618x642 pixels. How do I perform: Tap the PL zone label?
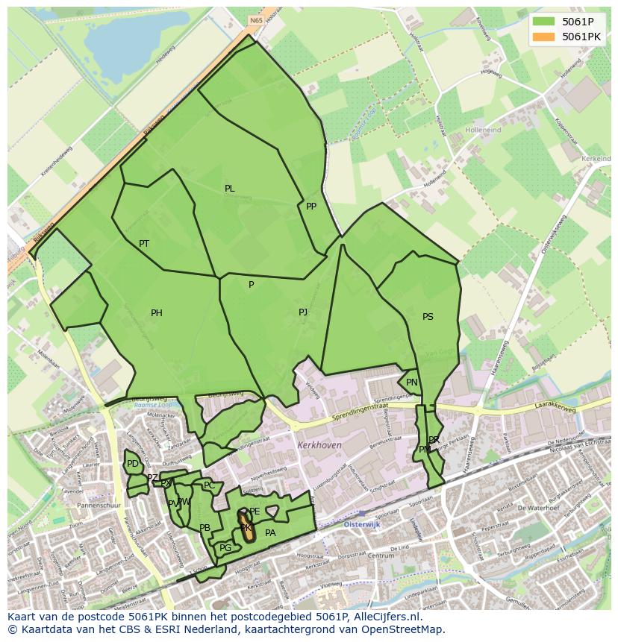click(x=230, y=189)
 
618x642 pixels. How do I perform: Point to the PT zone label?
click(x=144, y=244)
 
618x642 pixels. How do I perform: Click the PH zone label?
click(x=157, y=313)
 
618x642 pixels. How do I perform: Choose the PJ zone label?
click(x=303, y=312)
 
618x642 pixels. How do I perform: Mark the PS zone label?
click(x=428, y=317)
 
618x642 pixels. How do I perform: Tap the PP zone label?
click(x=311, y=207)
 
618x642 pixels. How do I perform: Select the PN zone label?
click(x=412, y=383)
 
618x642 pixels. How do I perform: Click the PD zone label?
click(x=133, y=464)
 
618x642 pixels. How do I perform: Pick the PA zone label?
click(x=270, y=533)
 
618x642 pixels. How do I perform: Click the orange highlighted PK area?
click(x=245, y=525)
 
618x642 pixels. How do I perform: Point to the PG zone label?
click(x=225, y=548)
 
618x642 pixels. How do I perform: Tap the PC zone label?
click(x=209, y=485)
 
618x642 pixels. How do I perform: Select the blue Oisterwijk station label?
click(x=363, y=524)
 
